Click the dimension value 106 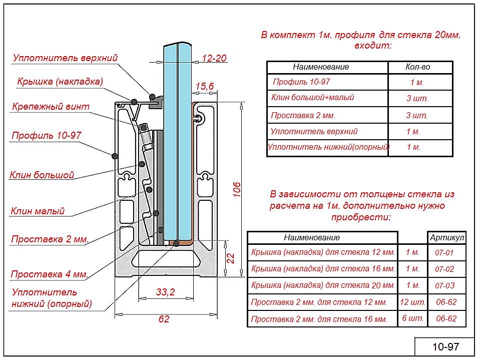coord(237,189)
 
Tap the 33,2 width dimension coord(165,292)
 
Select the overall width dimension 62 coord(164,319)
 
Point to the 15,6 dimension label coord(204,86)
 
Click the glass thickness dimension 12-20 coord(214,58)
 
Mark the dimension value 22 coord(231,258)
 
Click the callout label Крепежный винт coord(51,107)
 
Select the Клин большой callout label coord(42,175)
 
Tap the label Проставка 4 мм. coord(50,274)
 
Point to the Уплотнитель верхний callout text coord(65,58)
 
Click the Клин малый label coord(38,211)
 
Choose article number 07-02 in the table coord(444,269)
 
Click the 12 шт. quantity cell coord(412,302)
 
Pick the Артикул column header coord(447,237)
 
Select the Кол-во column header coord(417,67)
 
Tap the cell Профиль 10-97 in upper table coord(301,82)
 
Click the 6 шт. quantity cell coord(413,318)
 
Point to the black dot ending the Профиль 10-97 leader coord(115,156)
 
